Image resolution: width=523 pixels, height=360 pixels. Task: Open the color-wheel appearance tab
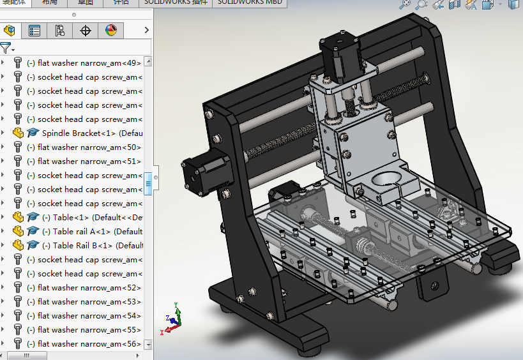111,30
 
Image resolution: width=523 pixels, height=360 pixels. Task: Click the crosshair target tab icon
86,30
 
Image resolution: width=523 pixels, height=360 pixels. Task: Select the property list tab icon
34,30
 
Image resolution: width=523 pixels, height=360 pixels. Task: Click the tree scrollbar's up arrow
148,62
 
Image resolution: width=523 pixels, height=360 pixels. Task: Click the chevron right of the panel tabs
147,30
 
